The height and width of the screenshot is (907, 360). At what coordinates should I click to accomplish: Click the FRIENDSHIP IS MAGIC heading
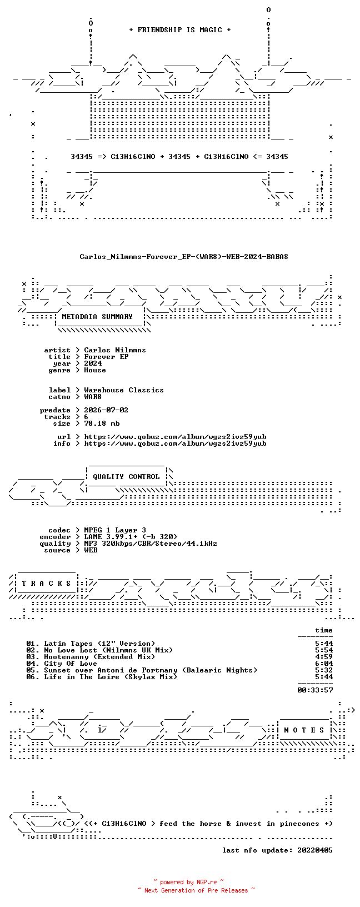tap(180, 30)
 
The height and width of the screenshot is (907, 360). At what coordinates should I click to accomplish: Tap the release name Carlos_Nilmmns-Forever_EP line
tap(184, 257)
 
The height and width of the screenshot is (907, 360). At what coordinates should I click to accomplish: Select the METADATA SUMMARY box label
tap(97, 317)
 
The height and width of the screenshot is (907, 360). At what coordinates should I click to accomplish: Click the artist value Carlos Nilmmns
tap(115, 350)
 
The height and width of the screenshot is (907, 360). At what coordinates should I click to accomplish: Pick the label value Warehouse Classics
tap(124, 390)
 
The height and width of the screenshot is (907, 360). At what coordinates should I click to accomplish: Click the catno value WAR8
tap(93, 397)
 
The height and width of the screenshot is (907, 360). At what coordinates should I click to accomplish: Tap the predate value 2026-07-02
tap(106, 410)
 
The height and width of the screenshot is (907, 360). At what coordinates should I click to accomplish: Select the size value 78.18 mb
tap(102, 423)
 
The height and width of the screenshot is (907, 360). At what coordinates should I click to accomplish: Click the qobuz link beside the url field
tap(175, 437)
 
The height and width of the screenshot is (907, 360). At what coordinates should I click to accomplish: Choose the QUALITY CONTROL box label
tap(126, 477)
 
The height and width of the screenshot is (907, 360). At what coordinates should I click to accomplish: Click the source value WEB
tap(91, 550)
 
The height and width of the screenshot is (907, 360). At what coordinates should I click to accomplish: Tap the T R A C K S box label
tap(46, 584)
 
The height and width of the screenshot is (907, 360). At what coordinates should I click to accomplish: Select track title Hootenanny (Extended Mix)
tap(99, 657)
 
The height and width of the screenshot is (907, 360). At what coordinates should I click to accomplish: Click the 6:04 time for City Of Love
tap(324, 663)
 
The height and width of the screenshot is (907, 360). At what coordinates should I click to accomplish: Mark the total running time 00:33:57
tap(315, 690)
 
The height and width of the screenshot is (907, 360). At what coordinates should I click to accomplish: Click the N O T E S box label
tap(304, 730)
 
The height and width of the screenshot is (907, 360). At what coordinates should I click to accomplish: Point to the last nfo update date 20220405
tap(315, 850)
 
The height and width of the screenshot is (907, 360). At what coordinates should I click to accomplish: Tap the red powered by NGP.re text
tap(188, 882)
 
